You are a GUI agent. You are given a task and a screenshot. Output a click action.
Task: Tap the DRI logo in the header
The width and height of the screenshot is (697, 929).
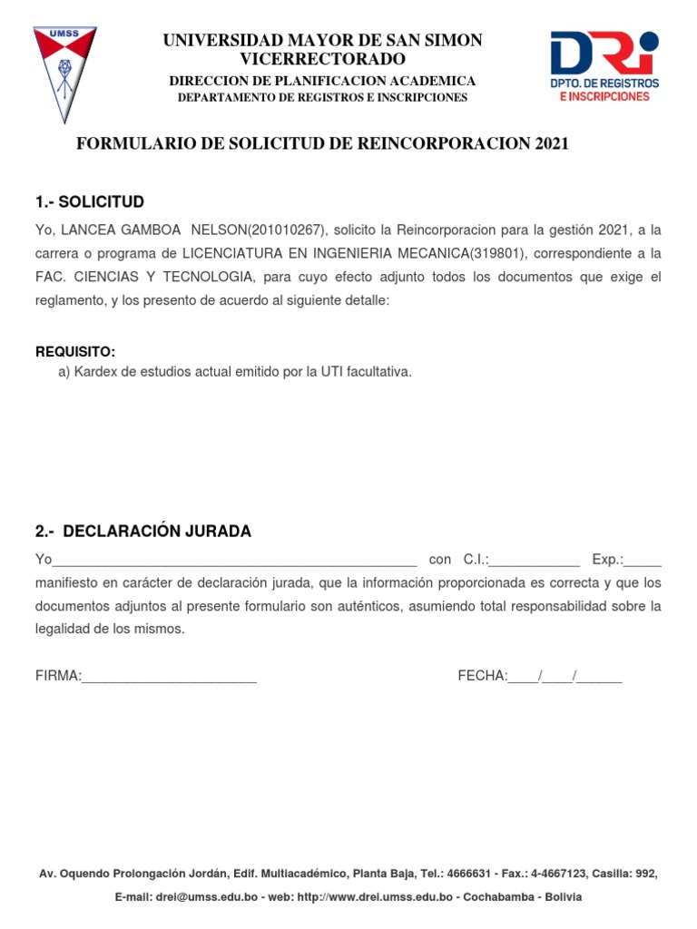(604, 66)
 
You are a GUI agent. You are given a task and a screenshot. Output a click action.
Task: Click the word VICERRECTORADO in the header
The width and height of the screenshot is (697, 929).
(322, 60)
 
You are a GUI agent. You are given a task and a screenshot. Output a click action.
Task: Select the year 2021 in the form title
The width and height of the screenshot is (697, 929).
(552, 144)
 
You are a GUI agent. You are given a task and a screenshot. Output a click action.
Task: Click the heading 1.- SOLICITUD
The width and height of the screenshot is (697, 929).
(89, 201)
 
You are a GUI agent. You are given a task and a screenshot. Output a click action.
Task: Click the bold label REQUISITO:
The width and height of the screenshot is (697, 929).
(75, 352)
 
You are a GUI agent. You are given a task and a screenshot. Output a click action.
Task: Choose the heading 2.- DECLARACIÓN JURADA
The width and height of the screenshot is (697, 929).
(143, 531)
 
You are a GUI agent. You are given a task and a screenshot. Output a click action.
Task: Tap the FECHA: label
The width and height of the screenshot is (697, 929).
(482, 676)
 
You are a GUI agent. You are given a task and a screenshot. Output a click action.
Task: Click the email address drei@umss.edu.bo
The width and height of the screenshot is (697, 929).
(197, 896)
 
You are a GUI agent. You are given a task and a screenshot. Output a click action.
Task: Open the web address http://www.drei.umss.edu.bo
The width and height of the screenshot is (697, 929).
(374, 896)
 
